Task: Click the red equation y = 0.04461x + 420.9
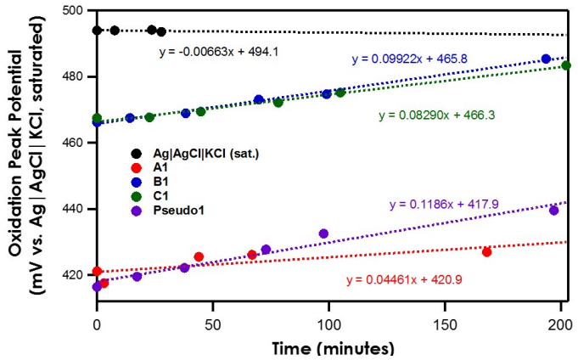click(404, 279)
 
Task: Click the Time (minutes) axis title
click(334, 348)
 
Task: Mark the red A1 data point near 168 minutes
click(486, 252)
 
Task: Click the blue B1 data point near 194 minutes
click(546, 59)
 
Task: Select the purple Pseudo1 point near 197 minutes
click(553, 210)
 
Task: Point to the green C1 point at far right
click(566, 65)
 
